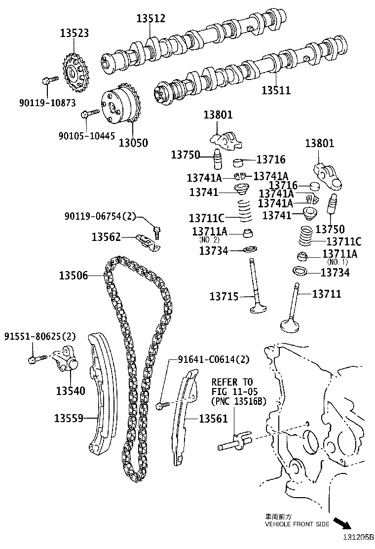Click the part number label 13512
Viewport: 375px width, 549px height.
pyautogui.click(x=151, y=19)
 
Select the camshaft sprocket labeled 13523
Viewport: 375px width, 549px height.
pyautogui.click(x=75, y=75)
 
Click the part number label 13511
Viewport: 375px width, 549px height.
pyautogui.click(x=276, y=90)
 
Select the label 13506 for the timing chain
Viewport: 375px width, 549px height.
pyautogui.click(x=73, y=275)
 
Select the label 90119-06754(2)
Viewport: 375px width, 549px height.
pyautogui.click(x=100, y=216)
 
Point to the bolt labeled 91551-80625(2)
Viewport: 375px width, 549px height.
pyautogui.click(x=35, y=357)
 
